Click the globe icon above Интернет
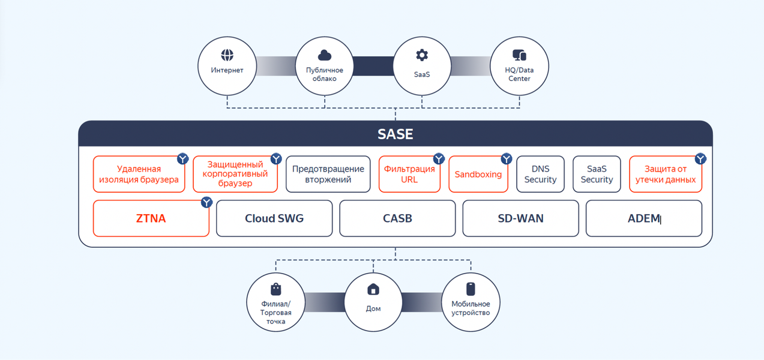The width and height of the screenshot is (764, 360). click(227, 55)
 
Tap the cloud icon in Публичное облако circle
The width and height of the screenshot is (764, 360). click(325, 55)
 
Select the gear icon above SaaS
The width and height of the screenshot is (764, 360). click(422, 55)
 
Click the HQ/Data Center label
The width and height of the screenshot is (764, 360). click(519, 74)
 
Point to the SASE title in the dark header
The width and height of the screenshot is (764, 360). click(396, 134)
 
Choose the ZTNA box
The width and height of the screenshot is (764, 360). click(151, 218)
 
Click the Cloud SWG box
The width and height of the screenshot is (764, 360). click(274, 218)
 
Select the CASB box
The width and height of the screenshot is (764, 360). click(397, 218)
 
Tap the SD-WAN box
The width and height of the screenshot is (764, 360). click(520, 218)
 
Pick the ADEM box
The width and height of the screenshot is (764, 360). click(643, 218)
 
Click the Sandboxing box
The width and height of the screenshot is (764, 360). click(478, 175)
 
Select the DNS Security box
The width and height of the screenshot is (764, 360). click(540, 175)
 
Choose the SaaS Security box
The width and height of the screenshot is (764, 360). click(597, 175)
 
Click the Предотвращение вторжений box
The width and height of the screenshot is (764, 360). click(328, 175)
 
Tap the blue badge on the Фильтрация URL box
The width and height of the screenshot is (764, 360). click(439, 158)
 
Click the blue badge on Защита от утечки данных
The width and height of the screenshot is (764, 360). click(700, 158)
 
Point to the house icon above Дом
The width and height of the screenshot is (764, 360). click(373, 289)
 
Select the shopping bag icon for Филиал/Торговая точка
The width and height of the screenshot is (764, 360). click(276, 289)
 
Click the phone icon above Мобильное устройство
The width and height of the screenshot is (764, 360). click(471, 289)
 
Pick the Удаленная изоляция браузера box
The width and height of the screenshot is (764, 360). click(139, 175)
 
